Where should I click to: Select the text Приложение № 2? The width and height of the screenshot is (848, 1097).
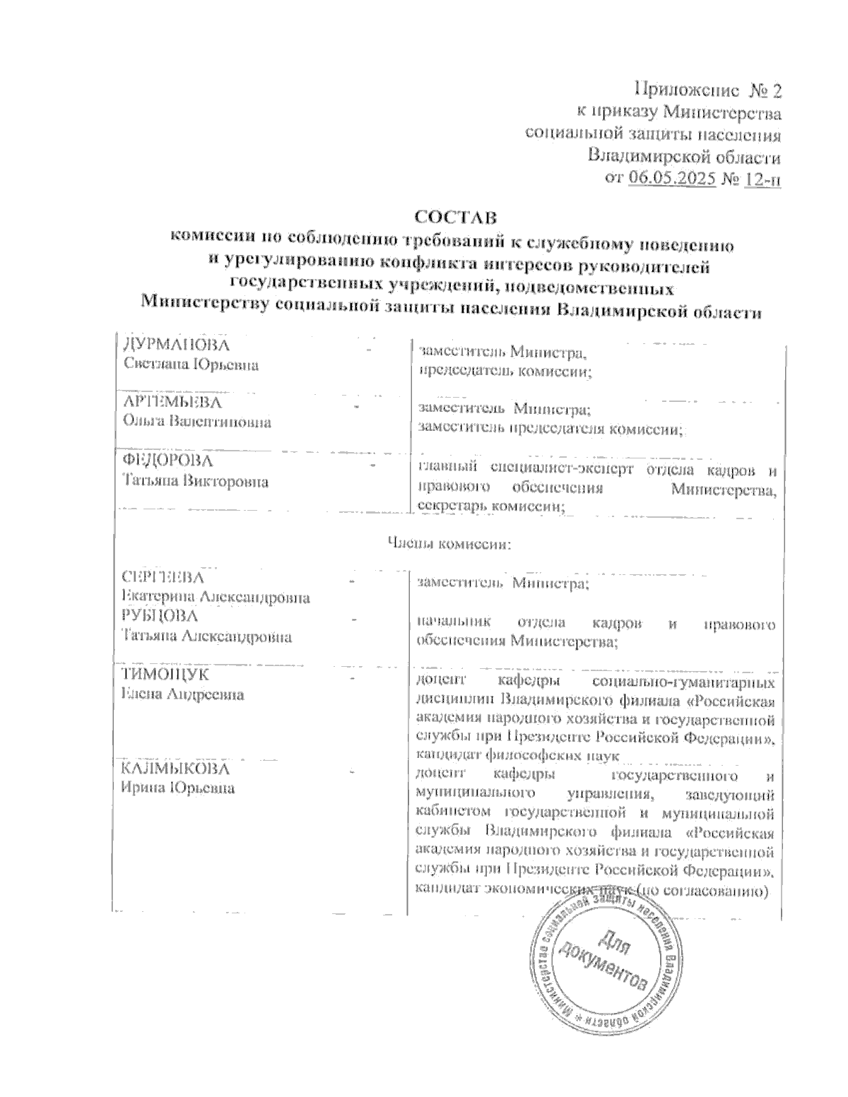click(709, 90)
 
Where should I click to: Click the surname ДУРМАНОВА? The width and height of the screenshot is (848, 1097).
click(176, 345)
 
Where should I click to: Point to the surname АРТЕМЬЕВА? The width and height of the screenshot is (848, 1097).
click(172, 403)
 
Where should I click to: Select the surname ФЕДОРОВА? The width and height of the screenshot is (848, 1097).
click(168, 461)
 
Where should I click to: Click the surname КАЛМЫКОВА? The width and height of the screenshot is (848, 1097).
click(175, 769)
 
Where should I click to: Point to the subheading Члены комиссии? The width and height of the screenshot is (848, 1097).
click(449, 544)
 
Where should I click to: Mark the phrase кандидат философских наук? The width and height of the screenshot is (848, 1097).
click(518, 757)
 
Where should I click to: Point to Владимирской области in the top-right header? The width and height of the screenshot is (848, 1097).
click(685, 156)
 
